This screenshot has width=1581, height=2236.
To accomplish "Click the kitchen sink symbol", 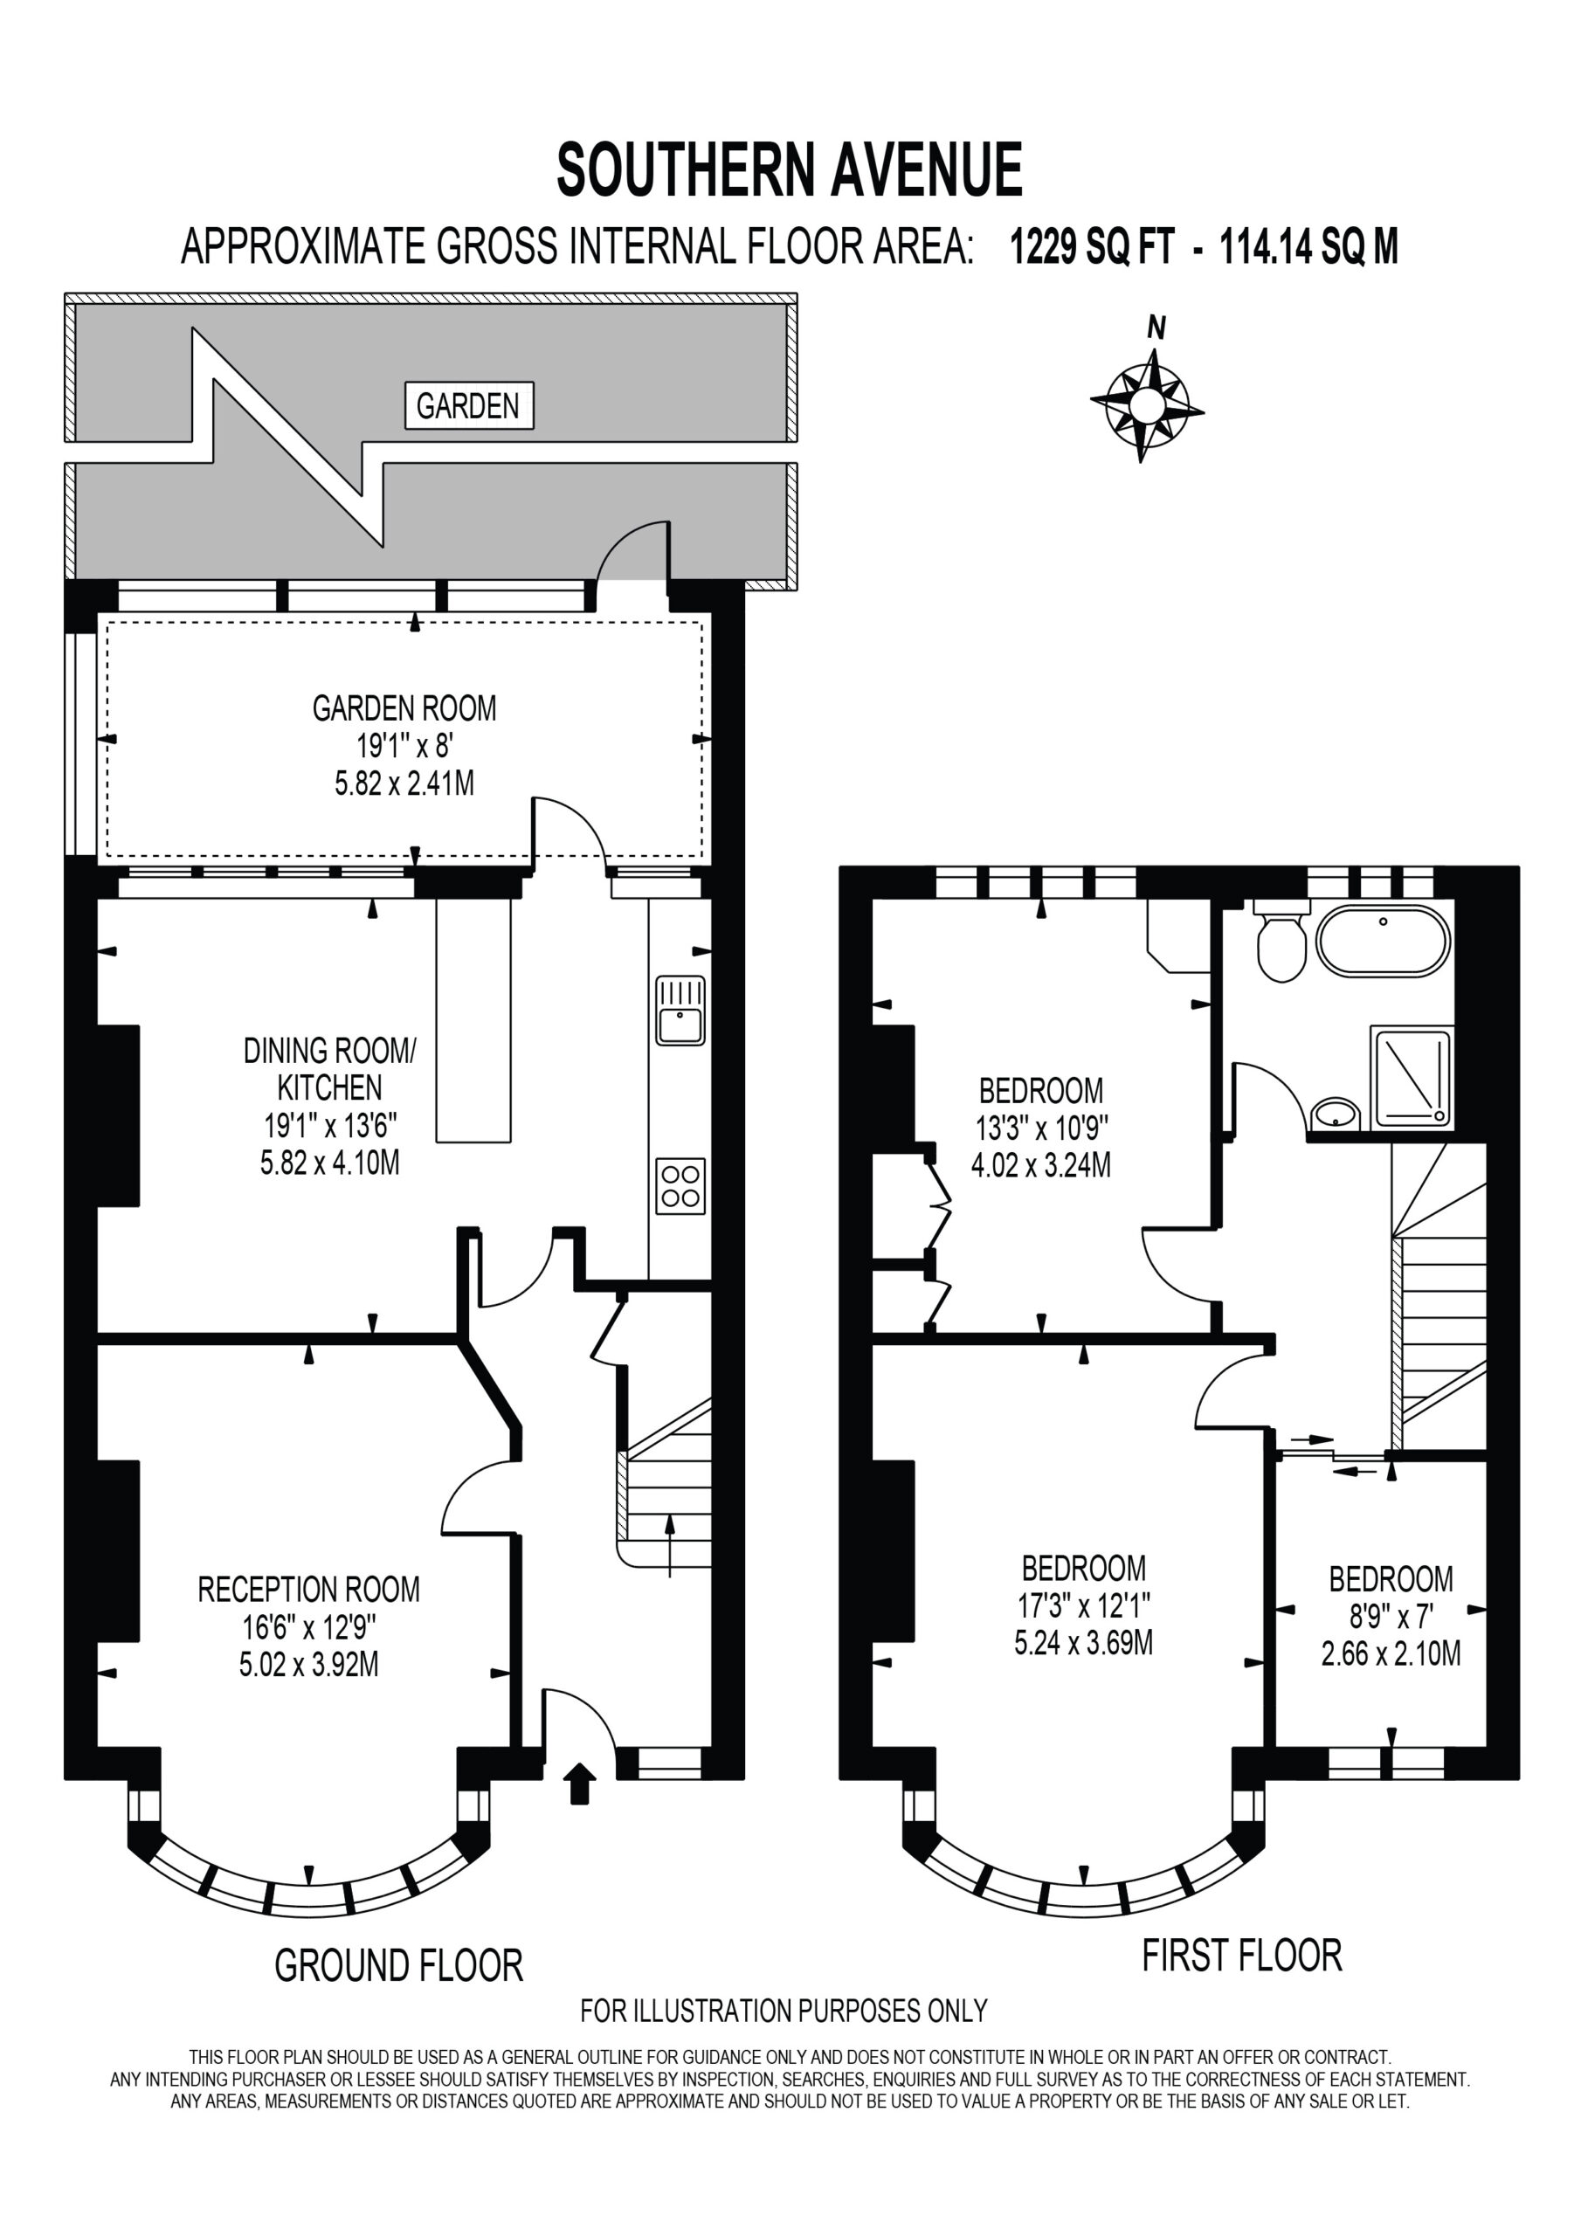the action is (680, 1010).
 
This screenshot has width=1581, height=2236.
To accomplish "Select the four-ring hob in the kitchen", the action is (680, 1185).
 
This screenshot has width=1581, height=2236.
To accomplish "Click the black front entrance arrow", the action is (580, 1784).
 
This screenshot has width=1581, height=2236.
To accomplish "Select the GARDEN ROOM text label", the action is (404, 708).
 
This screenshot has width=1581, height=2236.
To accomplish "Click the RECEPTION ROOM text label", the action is (309, 1590).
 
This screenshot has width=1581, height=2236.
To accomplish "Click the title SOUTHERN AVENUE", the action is (790, 169).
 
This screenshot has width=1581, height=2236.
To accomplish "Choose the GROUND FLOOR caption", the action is (398, 1964).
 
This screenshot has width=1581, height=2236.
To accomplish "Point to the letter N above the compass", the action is (1156, 328).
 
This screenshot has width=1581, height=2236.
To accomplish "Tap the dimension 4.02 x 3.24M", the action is (1041, 1165).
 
